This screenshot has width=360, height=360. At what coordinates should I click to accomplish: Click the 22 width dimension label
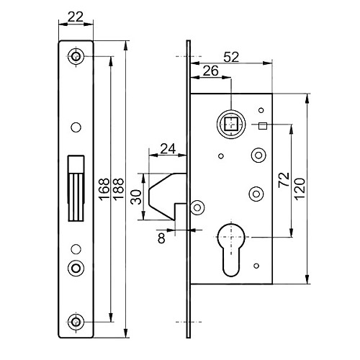coord(76,17)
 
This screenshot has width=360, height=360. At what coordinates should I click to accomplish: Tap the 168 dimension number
coord(104,189)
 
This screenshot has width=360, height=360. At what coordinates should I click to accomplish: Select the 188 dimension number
coord(118,189)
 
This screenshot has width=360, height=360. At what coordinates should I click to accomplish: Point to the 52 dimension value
coord(231,58)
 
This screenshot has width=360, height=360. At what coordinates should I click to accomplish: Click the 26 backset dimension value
coord(211,71)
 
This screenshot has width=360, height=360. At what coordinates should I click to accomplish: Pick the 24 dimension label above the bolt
coord(168,149)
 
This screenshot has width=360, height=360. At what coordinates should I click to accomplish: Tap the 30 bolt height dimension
coord(136,197)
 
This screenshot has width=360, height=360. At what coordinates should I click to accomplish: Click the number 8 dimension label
coord(161,238)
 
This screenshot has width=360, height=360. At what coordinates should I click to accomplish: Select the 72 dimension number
coord(284,180)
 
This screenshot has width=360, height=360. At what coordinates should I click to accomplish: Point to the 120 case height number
coord(300,189)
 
